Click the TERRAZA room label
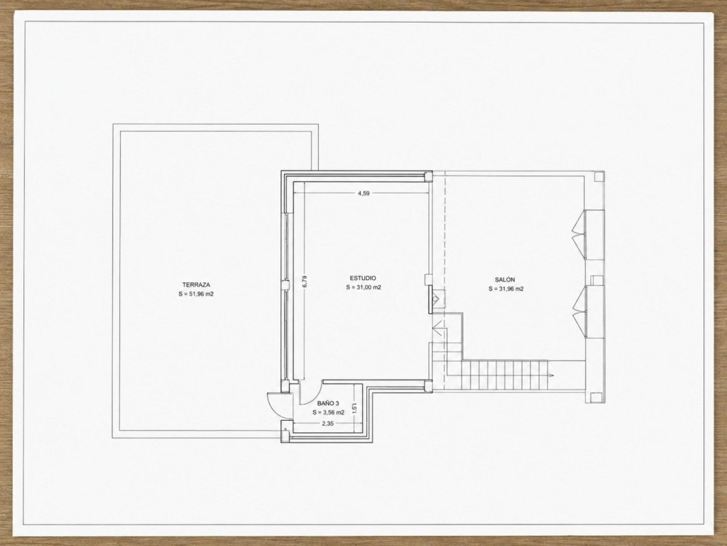(x=196, y=284)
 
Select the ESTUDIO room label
(x=363, y=278)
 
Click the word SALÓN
(x=505, y=279)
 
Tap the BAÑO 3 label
(x=328, y=404)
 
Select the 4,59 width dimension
(x=363, y=193)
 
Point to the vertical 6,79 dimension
(x=305, y=282)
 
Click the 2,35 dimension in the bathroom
(x=328, y=424)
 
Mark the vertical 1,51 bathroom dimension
(x=355, y=407)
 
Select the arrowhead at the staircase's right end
(x=552, y=374)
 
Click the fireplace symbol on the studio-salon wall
(x=437, y=299)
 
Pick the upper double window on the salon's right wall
(x=579, y=235)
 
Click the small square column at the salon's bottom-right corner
(x=597, y=397)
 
